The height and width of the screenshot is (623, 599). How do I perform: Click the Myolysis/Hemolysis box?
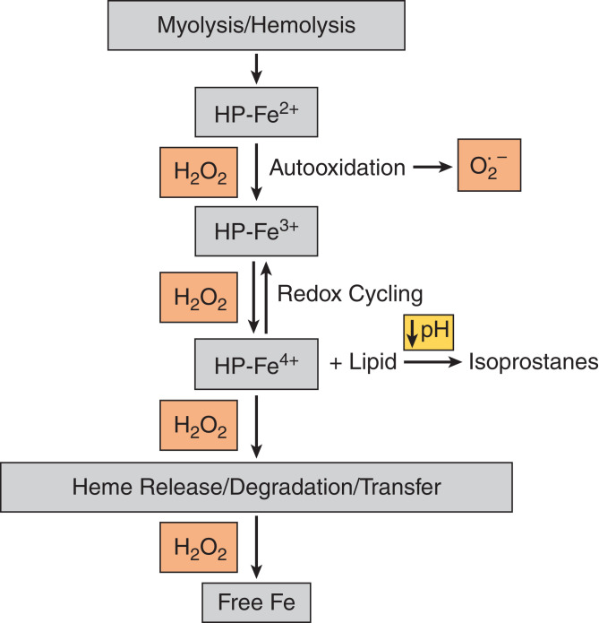click(256, 25)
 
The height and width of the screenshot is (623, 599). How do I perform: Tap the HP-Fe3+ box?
click(256, 231)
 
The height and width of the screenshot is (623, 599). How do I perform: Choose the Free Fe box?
click(256, 601)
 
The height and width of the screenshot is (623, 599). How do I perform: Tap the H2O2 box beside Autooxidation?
click(198, 169)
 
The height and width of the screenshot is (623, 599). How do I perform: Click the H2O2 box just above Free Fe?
click(198, 545)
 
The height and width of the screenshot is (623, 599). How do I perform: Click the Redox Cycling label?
click(349, 293)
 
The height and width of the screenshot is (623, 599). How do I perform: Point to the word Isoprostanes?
click(533, 363)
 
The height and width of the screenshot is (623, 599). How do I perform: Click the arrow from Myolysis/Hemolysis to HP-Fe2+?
click(256, 66)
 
